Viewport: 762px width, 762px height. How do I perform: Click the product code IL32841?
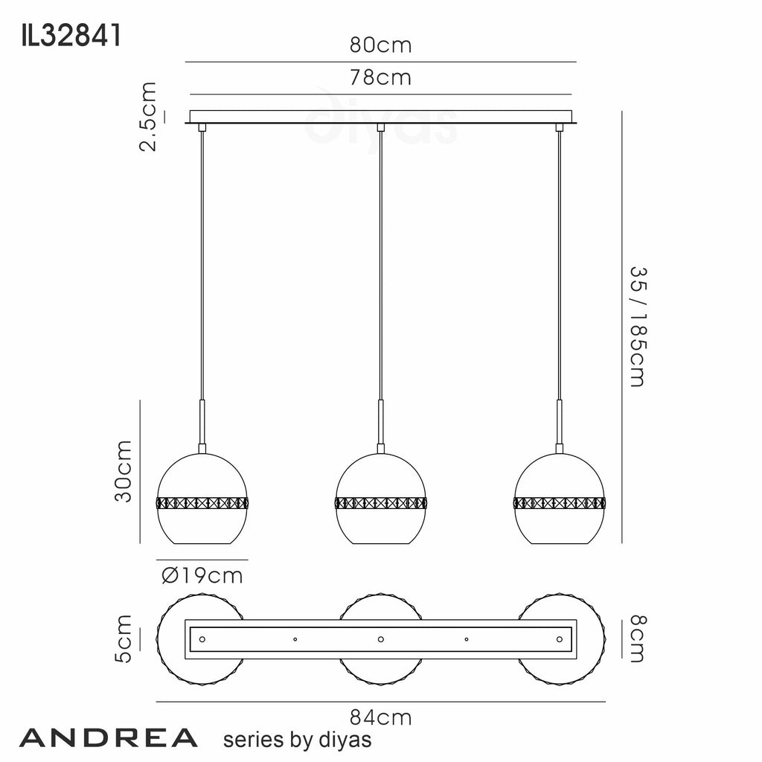[71, 36]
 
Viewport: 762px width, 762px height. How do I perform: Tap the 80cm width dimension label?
[380, 45]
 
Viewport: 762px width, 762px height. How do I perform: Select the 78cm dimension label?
[380, 77]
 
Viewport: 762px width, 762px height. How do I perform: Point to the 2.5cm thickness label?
[148, 117]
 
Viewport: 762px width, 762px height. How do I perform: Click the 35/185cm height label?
[638, 327]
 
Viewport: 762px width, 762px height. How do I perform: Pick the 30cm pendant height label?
[123, 471]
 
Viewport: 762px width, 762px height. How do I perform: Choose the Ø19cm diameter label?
[202, 576]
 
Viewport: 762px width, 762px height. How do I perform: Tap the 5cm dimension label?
[123, 638]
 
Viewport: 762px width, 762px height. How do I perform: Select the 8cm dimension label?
[638, 638]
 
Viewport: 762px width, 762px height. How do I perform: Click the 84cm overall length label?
[380, 717]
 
